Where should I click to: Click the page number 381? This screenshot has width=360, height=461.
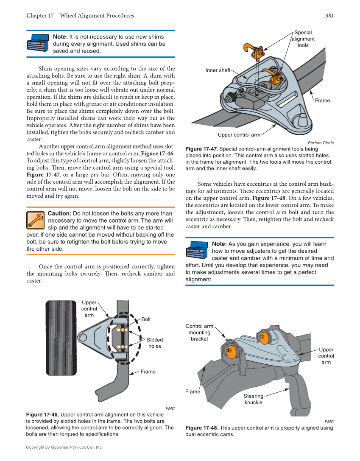(x=329, y=16)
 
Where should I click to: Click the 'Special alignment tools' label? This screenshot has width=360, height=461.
(x=303, y=39)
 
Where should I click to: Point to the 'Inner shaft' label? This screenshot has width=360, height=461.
(x=218, y=70)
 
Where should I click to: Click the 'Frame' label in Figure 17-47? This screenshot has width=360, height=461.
(x=322, y=101)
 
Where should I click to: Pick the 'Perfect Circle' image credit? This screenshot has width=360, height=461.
(x=321, y=143)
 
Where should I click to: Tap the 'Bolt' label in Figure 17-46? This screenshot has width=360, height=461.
(x=146, y=319)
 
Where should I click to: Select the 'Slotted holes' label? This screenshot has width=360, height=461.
(x=155, y=343)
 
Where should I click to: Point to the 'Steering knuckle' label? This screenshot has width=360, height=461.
(x=254, y=399)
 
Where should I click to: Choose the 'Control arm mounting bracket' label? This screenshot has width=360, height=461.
(x=199, y=332)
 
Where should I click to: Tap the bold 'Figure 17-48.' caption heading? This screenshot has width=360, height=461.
(x=202, y=428)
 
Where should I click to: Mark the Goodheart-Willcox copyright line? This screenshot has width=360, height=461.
(x=64, y=447)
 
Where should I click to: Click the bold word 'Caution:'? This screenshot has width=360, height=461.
(x=59, y=214)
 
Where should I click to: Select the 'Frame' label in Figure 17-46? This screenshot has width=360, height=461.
(x=148, y=372)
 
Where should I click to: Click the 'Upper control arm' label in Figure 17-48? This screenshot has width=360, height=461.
(x=326, y=356)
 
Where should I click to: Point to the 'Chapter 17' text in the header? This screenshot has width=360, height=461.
(x=40, y=16)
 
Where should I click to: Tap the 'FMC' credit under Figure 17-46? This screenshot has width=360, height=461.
(x=170, y=408)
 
